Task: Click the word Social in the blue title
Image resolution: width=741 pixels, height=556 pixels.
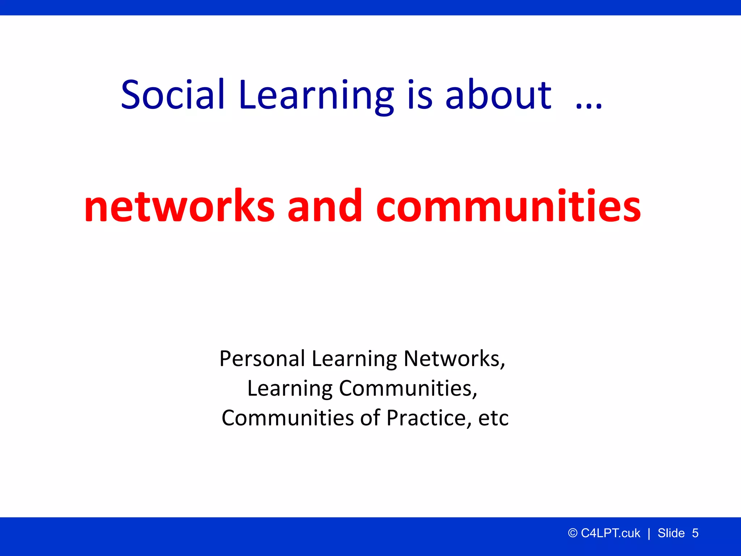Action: pos(173,95)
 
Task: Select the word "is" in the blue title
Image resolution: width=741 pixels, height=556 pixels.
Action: pos(420,95)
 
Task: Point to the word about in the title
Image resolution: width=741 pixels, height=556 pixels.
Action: pos(498,95)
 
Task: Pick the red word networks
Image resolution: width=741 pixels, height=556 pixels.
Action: pos(179,206)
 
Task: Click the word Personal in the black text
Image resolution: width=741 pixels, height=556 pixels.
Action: pos(262,359)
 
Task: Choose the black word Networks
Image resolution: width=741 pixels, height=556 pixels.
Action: pos(454,359)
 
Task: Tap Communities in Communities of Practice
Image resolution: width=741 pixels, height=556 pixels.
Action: pos(288,418)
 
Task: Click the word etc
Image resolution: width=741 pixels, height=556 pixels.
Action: pos(494,418)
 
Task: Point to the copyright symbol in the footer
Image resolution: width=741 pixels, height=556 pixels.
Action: pos(572,533)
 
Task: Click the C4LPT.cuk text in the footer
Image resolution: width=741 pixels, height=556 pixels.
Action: pos(610,533)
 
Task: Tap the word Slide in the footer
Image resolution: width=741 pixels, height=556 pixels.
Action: pos(671,533)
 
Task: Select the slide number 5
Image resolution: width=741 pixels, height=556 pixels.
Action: pos(695,533)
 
